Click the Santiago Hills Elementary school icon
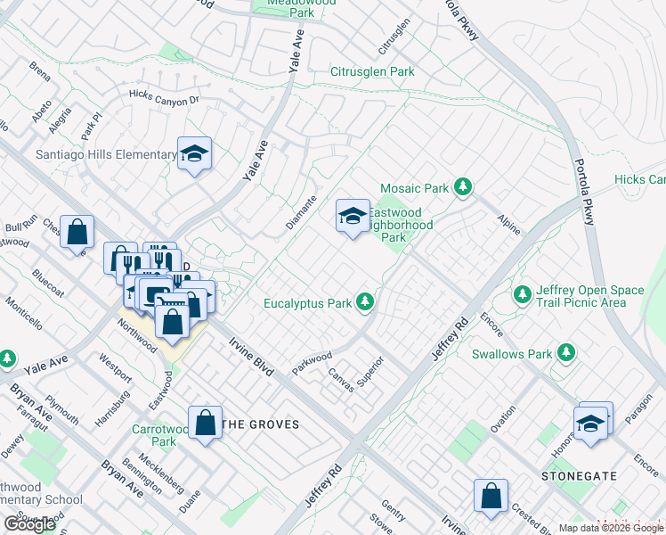point(194,154)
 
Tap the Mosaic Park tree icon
point(462,187)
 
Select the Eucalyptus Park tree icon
point(364,303)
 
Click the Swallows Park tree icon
point(564,353)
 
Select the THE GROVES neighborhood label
point(260,424)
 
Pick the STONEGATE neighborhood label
point(579,476)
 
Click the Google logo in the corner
point(29,524)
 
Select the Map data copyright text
point(611,528)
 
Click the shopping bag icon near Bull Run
point(77,233)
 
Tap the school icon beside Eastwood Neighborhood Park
point(353,216)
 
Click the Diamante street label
point(301,212)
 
